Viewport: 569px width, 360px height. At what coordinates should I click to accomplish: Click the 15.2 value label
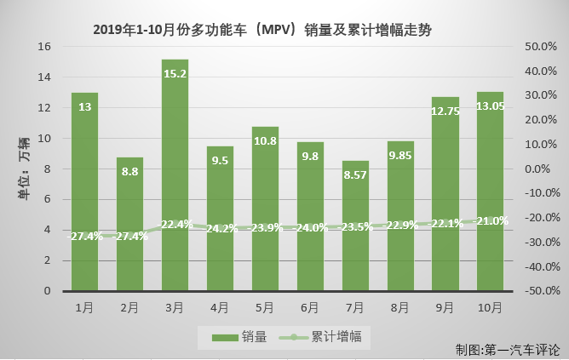click(x=175, y=74)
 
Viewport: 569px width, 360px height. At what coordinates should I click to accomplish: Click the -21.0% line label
click(x=491, y=221)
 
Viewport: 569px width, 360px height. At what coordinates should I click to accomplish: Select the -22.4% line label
click(x=175, y=225)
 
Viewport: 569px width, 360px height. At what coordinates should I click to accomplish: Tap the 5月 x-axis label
click(x=265, y=306)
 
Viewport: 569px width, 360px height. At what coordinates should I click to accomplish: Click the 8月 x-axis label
click(x=400, y=306)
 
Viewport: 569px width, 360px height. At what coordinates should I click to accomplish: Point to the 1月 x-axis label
click(x=84, y=306)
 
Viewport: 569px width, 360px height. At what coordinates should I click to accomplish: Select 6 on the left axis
click(x=49, y=200)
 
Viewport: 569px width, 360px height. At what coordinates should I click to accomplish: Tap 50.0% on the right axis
click(x=537, y=47)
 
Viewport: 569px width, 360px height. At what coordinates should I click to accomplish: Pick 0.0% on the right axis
click(x=539, y=169)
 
